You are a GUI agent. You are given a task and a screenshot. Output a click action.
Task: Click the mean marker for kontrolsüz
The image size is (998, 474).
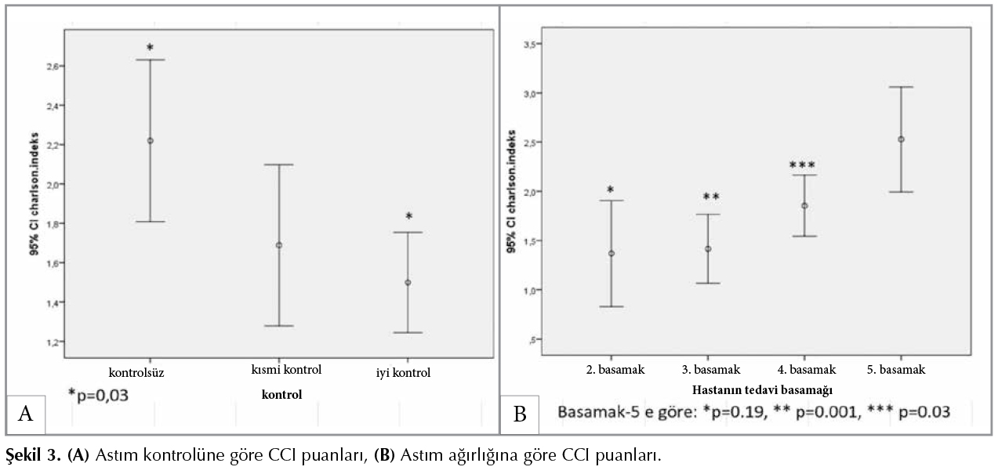tap(150, 141)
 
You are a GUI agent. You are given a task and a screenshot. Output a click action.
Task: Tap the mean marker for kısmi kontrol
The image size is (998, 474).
tap(278, 245)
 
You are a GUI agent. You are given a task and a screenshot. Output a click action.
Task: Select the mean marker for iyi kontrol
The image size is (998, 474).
tap(408, 282)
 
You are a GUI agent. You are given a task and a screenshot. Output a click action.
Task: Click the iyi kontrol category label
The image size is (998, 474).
tap(403, 372)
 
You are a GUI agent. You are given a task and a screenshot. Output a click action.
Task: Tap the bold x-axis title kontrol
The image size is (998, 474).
tap(281, 394)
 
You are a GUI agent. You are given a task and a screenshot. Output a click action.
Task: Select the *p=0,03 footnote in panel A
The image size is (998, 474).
tap(98, 395)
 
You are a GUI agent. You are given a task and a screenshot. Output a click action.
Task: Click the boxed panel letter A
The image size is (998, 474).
tap(25, 414)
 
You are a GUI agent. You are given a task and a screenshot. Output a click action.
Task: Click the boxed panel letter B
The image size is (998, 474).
tap(520, 414)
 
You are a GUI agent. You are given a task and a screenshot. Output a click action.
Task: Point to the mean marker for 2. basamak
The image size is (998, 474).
tap(612, 253)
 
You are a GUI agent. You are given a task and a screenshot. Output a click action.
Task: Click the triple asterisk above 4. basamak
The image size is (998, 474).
tap(803, 165)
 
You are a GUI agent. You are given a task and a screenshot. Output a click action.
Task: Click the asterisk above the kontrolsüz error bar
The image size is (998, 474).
tap(150, 49)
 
